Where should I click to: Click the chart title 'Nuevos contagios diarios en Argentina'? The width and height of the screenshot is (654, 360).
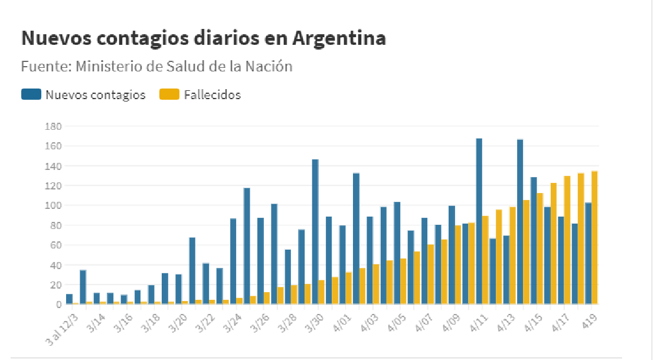pos(204,38)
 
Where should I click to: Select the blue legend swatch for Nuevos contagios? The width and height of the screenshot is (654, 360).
pos(31,94)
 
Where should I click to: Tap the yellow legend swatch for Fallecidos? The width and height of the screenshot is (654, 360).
pos(169,94)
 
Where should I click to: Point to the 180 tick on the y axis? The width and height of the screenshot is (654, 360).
pos(54,126)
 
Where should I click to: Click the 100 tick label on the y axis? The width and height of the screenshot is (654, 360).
pos(54,205)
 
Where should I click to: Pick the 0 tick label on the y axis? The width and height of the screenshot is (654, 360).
pos(59,305)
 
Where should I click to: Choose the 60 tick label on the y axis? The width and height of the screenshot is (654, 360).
pos(56,245)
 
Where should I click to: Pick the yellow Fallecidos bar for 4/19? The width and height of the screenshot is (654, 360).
pos(594,237)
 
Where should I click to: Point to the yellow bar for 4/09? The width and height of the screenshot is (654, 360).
pos(458,264)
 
